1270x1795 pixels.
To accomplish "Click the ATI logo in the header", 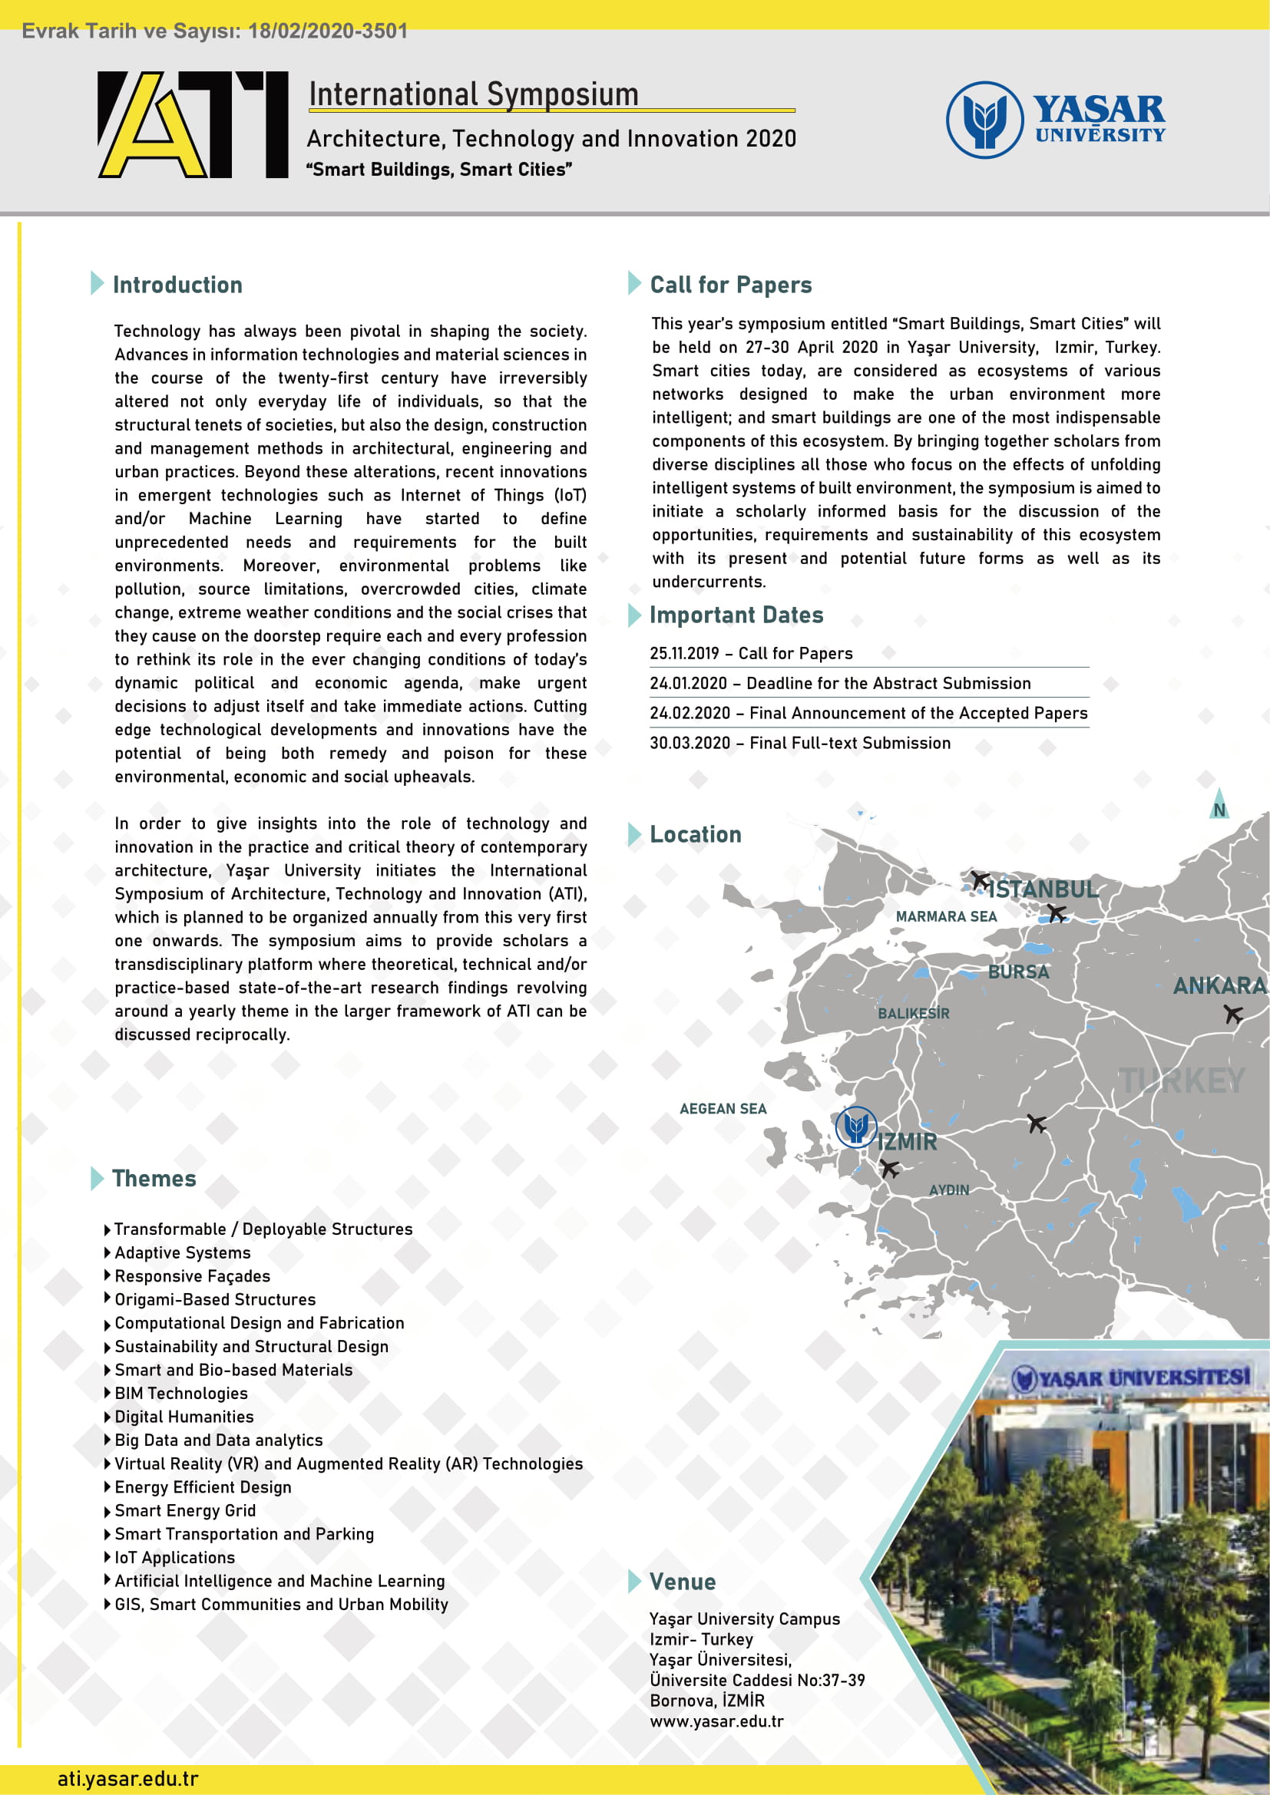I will tap(193, 124).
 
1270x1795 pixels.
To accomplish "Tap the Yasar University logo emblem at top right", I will tap(984, 120).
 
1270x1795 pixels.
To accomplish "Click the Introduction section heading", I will tap(177, 285).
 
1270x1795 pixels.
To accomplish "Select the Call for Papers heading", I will tap(730, 285).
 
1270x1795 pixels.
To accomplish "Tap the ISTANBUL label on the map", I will tap(1042, 889).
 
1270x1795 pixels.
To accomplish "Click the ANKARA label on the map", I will tap(1219, 986).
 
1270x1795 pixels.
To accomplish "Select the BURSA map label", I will tap(1018, 972).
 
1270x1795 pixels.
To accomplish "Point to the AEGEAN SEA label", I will tap(723, 1109).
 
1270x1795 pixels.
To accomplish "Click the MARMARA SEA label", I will tap(945, 916).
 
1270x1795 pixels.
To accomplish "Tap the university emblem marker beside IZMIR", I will tap(855, 1127).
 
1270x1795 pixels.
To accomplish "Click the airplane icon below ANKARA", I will tap(1233, 1014).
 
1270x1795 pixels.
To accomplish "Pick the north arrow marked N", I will tap(1219, 805).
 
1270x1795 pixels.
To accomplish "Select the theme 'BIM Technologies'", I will tap(180, 1393).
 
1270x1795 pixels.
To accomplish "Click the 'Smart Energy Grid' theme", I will tap(184, 1510).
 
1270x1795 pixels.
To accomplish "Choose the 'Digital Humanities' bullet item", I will tap(184, 1417).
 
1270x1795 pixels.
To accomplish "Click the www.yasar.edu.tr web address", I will tap(716, 1721).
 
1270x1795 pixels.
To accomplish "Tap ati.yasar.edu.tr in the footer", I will tap(128, 1779).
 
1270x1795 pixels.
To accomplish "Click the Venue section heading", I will tap(682, 1582).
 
